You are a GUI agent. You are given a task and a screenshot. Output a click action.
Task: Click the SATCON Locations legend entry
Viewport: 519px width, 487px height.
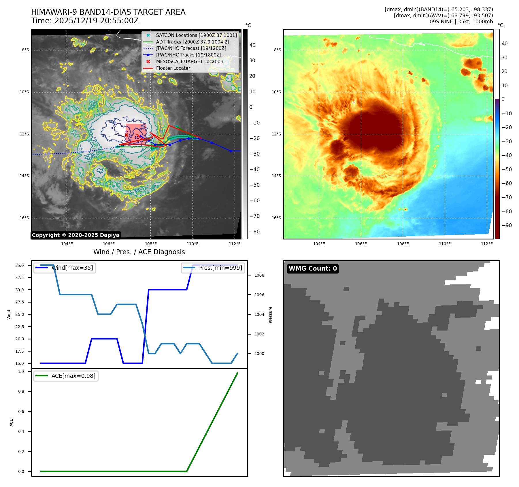[x=196, y=35]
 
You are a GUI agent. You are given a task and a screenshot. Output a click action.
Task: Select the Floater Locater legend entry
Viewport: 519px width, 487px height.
[x=173, y=68]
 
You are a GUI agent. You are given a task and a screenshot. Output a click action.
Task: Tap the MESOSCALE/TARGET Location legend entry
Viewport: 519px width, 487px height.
[x=189, y=62]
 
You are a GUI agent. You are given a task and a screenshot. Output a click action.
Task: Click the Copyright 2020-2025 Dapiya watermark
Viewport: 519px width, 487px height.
[x=76, y=235]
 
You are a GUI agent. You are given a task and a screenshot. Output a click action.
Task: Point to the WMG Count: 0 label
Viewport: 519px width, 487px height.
[x=313, y=269]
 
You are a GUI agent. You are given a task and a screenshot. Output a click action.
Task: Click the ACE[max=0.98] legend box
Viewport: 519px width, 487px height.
[x=66, y=376]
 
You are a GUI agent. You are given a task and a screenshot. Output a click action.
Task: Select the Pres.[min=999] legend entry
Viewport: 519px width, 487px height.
[x=213, y=268]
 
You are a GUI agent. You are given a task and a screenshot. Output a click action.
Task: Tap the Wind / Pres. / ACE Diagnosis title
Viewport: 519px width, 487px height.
[x=139, y=252]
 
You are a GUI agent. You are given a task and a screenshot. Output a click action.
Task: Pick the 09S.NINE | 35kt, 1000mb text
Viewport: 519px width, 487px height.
[x=461, y=22]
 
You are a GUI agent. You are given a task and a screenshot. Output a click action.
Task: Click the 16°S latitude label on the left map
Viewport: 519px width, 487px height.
[x=24, y=218]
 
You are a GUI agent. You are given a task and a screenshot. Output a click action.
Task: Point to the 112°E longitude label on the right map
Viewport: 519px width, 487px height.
[x=487, y=244]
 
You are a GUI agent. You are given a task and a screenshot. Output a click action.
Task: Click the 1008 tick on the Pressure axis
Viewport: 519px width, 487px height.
[x=259, y=275]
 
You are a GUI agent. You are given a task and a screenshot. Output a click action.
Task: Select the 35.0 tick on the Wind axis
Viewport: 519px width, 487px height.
[x=20, y=265]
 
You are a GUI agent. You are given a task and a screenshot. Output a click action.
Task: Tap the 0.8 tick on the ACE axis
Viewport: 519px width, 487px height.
[x=21, y=391]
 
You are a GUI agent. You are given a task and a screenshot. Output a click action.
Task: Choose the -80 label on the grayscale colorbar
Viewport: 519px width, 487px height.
[x=254, y=232]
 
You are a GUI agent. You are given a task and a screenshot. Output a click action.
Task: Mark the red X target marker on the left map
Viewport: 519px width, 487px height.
[x=126, y=135]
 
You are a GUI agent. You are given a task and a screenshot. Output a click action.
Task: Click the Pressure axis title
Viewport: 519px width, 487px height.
[x=270, y=315]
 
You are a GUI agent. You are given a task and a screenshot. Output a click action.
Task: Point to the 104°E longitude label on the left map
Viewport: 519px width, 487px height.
[x=67, y=244]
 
